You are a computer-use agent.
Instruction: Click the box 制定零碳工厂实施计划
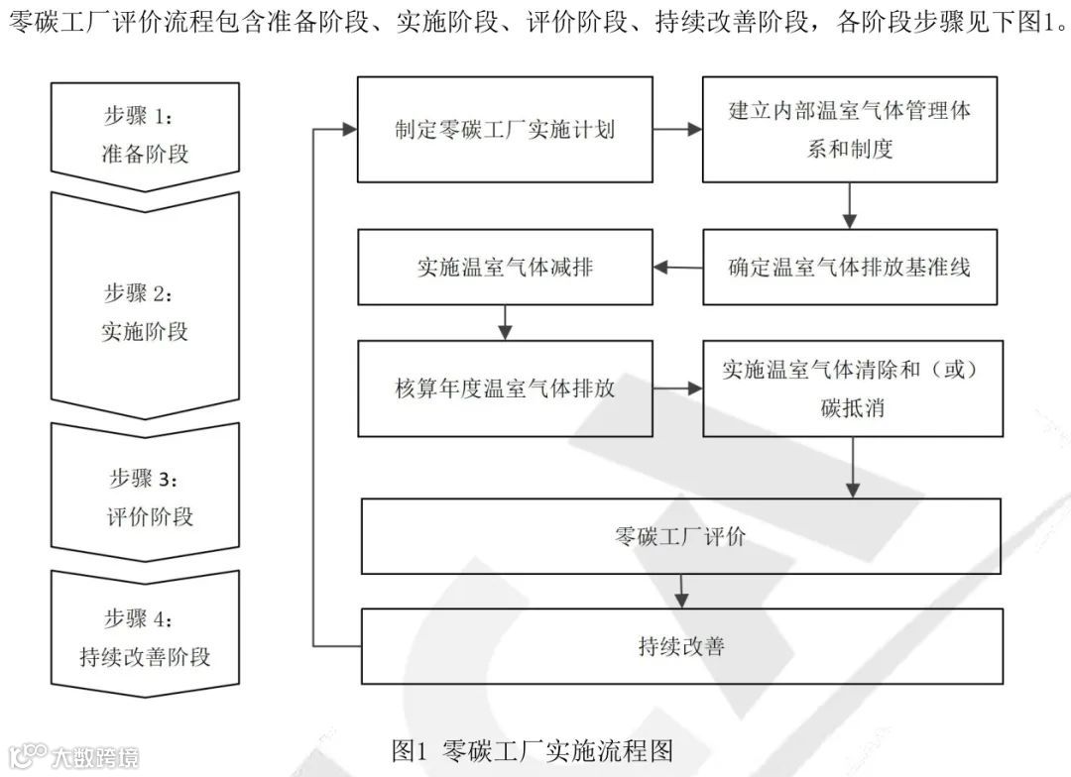click(505, 129)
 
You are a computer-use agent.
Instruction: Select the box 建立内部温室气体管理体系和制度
click(850, 129)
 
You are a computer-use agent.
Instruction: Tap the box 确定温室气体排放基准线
click(850, 267)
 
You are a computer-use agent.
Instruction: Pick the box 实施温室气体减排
click(505, 267)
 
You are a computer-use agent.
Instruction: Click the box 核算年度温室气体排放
click(505, 388)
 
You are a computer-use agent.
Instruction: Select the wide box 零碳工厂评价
click(681, 536)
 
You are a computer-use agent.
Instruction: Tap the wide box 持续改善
click(681, 646)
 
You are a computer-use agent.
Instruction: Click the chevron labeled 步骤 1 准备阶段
click(145, 137)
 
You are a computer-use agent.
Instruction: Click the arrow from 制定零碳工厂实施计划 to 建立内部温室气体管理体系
click(677, 129)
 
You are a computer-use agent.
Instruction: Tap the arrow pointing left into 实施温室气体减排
click(677, 267)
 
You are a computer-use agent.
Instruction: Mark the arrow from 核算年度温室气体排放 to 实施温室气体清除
click(677, 388)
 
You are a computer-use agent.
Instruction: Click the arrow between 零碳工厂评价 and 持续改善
click(681, 591)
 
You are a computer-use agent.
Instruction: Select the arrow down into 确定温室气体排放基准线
click(850, 205)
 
